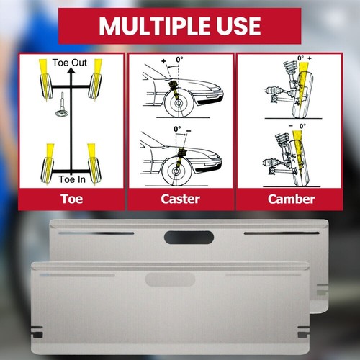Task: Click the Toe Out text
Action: point(70,63)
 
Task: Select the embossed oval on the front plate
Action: point(171,279)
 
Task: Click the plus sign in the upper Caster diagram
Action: point(164,61)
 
